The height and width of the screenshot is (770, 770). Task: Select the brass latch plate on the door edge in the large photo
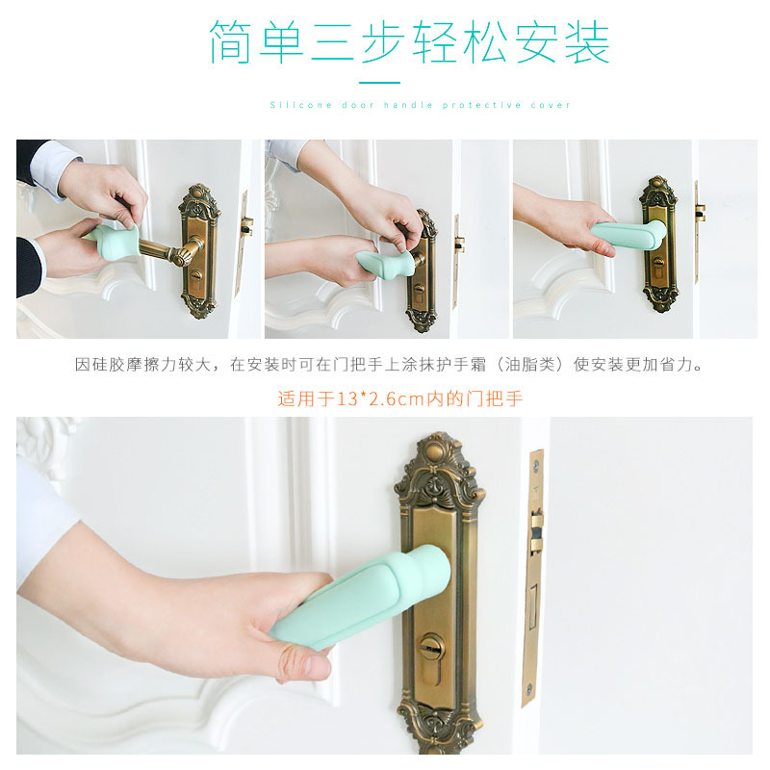(534, 577)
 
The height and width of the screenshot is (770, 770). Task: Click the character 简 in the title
(232, 42)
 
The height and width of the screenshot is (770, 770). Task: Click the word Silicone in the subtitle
(288, 105)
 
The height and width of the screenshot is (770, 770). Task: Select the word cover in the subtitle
(551, 105)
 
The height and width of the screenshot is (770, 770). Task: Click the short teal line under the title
(385, 83)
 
